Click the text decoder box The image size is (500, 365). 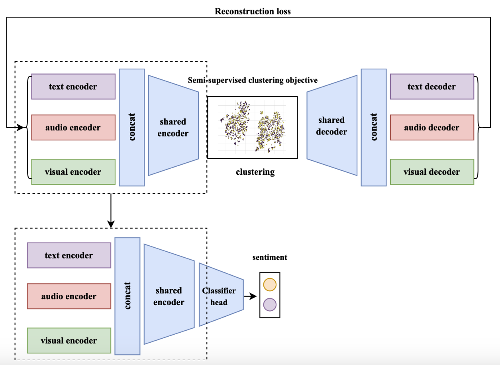click(432, 87)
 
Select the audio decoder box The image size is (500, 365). click(432, 128)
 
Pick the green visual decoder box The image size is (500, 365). click(432, 172)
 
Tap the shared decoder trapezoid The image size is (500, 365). click(332, 126)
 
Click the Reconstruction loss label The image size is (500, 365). click(253, 11)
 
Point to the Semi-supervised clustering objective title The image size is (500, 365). click(253, 80)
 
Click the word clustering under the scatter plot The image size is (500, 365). click(255, 172)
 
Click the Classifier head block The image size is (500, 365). click(220, 296)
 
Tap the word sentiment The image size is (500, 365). click(270, 257)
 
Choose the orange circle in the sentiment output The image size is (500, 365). click(270, 284)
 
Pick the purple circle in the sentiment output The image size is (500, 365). click(270, 305)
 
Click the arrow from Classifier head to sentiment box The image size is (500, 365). click(250, 296)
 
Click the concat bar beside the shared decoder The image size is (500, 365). click(374, 127)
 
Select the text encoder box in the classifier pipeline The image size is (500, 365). click(69, 255)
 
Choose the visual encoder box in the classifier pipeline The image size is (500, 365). click(69, 341)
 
